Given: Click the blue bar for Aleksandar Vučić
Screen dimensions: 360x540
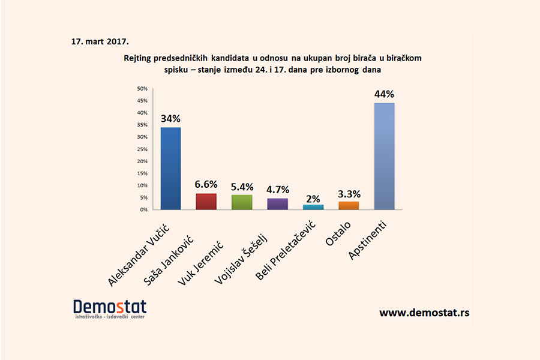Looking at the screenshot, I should click(170, 169).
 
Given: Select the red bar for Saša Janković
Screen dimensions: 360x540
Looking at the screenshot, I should click(206, 202).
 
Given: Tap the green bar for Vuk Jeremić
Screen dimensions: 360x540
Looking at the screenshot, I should click(242, 203).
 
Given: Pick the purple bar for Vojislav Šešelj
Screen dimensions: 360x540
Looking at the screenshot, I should click(277, 204).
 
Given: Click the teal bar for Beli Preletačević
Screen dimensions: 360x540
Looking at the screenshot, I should click(313, 207).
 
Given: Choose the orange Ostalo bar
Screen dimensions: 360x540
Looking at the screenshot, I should click(349, 205).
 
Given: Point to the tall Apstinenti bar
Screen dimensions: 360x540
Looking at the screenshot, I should click(384, 156).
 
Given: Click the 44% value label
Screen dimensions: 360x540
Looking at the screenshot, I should click(384, 94).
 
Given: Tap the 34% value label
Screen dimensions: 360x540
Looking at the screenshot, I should click(170, 118).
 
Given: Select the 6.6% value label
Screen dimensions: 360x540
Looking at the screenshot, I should click(206, 184).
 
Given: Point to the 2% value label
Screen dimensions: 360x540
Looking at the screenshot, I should click(313, 199).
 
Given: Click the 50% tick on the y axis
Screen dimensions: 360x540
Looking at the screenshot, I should click(142, 88).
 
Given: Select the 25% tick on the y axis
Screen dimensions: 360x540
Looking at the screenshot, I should click(142, 149).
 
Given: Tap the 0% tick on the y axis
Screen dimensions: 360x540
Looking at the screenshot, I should click(143, 209).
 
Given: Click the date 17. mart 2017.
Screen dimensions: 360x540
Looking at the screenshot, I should click(100, 42).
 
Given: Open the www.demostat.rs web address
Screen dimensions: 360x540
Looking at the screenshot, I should click(424, 313).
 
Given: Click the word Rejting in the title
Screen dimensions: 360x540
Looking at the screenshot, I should click(139, 58).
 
